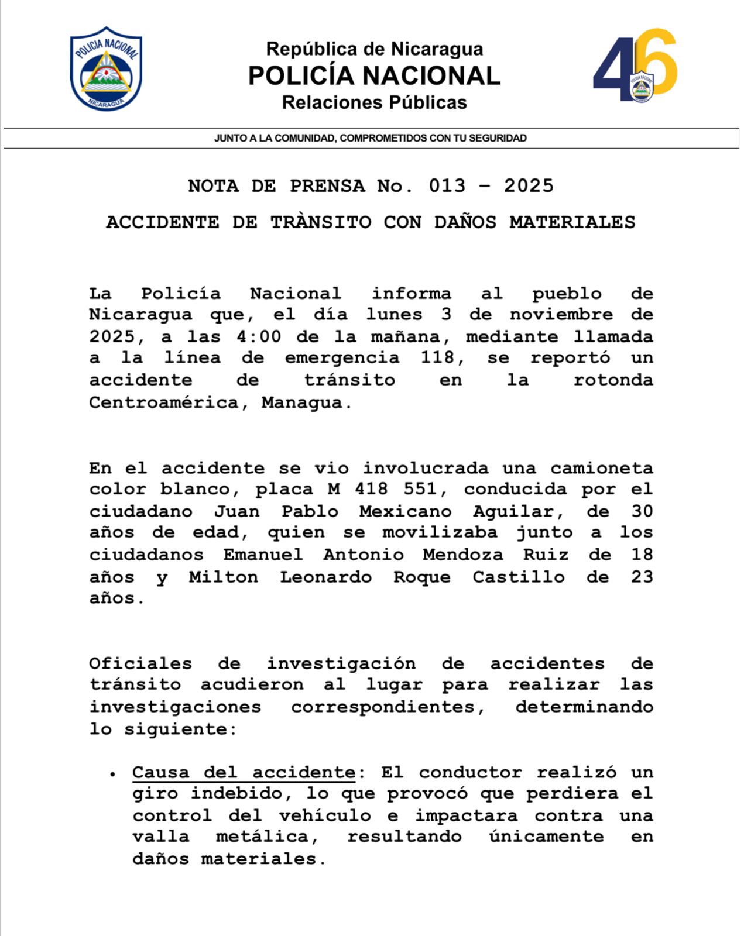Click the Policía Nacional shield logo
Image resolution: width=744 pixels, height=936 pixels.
106,68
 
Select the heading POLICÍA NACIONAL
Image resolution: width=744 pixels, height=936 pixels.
374,75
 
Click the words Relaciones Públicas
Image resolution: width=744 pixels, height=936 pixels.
374,102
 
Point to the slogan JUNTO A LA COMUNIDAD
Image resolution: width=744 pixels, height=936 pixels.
370,138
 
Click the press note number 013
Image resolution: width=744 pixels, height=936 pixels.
447,186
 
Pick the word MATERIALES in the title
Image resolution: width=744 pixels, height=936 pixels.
572,222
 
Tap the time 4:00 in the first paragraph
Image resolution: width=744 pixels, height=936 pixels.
259,337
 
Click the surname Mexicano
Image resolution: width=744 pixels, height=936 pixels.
405,511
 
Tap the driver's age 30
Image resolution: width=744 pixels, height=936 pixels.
642,511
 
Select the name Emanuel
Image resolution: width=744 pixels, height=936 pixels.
263,555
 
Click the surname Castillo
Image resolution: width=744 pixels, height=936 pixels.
519,577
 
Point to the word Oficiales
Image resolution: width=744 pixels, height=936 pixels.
140,663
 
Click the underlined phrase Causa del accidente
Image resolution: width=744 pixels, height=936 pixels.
244,772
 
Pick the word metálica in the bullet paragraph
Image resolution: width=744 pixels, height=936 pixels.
267,837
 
